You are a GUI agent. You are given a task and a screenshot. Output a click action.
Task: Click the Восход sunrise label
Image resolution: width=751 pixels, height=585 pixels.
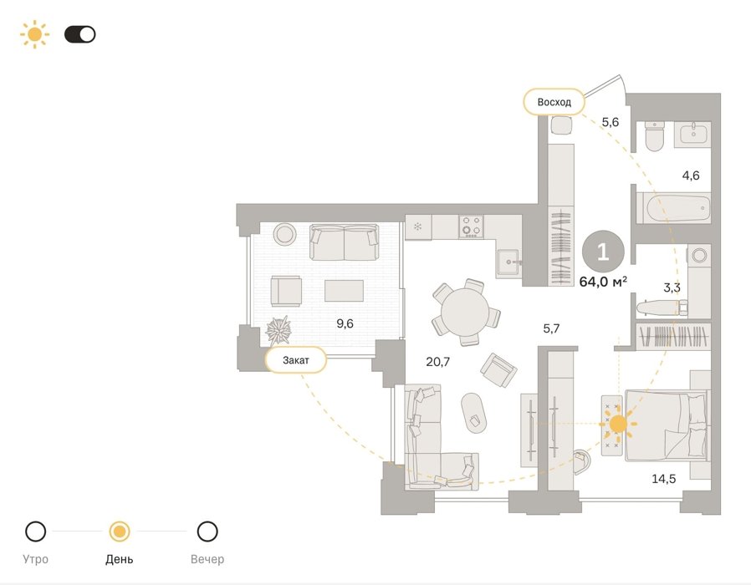click(554, 102)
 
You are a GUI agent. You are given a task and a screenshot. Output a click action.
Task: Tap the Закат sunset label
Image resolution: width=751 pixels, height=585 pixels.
click(295, 360)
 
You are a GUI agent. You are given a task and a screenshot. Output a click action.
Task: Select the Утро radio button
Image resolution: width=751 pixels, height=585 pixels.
click(35, 532)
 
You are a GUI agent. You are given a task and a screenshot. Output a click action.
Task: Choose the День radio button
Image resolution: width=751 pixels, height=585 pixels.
click(120, 532)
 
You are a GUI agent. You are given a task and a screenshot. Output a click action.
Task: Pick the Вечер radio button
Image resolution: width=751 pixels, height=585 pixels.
click(207, 532)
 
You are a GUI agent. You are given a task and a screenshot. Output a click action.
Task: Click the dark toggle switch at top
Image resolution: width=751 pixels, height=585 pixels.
click(80, 34)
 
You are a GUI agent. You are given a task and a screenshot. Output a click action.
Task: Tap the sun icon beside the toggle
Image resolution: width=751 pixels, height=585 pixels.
click(34, 34)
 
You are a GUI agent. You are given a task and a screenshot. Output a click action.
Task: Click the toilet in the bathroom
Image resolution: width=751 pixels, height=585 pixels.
click(654, 135)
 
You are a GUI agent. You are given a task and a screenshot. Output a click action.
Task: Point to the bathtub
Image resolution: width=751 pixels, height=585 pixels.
click(678, 208)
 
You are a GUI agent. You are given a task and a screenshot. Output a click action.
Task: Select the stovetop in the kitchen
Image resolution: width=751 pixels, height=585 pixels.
click(471, 226)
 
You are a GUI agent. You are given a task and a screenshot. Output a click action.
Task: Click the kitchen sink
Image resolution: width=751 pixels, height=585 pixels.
click(508, 262)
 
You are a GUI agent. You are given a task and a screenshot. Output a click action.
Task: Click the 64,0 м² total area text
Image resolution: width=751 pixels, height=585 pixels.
click(603, 282)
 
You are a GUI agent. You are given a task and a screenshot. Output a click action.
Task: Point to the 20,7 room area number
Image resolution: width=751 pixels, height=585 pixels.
click(437, 361)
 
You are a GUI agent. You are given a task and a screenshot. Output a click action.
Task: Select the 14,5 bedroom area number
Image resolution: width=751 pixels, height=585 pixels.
click(664, 478)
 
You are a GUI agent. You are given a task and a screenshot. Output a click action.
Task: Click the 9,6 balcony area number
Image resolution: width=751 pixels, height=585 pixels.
click(345, 323)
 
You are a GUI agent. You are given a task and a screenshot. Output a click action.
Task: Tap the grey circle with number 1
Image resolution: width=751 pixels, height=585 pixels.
click(603, 252)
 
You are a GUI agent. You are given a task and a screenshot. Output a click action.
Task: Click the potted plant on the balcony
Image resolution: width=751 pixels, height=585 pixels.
click(278, 331)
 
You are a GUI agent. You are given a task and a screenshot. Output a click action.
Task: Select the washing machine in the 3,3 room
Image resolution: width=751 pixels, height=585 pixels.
click(699, 255)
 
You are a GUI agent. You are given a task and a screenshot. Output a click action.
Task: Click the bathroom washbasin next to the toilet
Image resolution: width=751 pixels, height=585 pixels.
click(692, 134)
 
